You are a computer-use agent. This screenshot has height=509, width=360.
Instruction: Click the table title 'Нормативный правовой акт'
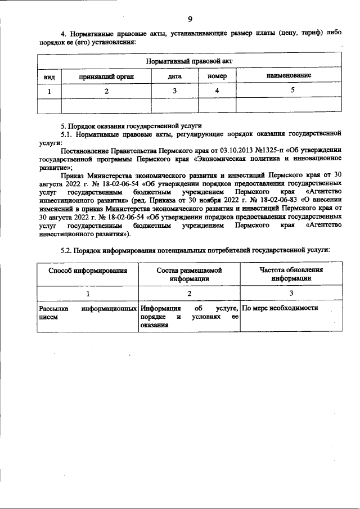tap(189, 60)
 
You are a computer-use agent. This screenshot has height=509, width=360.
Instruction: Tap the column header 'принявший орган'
tap(106, 75)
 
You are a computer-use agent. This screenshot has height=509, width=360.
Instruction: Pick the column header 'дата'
tap(174, 75)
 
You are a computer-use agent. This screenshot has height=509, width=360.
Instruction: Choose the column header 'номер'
tap(217, 75)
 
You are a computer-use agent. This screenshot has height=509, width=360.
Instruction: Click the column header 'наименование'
tap(289, 75)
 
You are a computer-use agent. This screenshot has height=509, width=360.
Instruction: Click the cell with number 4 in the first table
tap(217, 90)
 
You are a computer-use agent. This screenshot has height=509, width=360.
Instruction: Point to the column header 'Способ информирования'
tap(87, 271)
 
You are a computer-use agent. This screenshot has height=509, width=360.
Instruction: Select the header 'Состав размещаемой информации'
tap(189, 274)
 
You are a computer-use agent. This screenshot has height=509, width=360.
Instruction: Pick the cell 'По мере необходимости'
tap(280, 308)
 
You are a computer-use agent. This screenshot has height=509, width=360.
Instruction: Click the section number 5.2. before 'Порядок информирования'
tap(67, 249)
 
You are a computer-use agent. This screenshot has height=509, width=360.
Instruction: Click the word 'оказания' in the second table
tap(155, 325)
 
